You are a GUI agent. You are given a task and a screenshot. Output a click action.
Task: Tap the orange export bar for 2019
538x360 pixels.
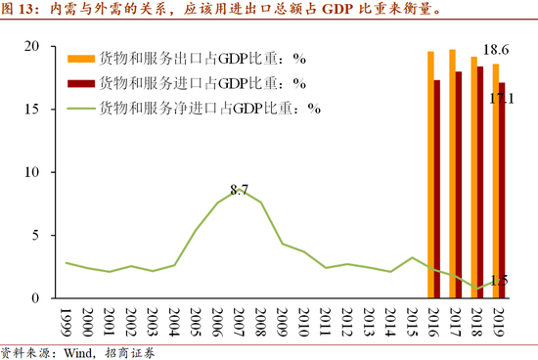(x=495, y=180)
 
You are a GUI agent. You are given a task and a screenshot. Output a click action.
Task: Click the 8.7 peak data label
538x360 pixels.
(x=240, y=187)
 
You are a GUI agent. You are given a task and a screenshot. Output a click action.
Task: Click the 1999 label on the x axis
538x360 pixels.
(x=67, y=321)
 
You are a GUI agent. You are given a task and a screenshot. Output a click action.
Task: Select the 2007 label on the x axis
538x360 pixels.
(x=240, y=321)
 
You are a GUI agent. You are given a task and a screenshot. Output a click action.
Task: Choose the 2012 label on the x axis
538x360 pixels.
(x=347, y=321)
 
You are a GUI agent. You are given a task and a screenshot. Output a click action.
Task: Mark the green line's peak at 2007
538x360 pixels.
(x=240, y=195)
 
